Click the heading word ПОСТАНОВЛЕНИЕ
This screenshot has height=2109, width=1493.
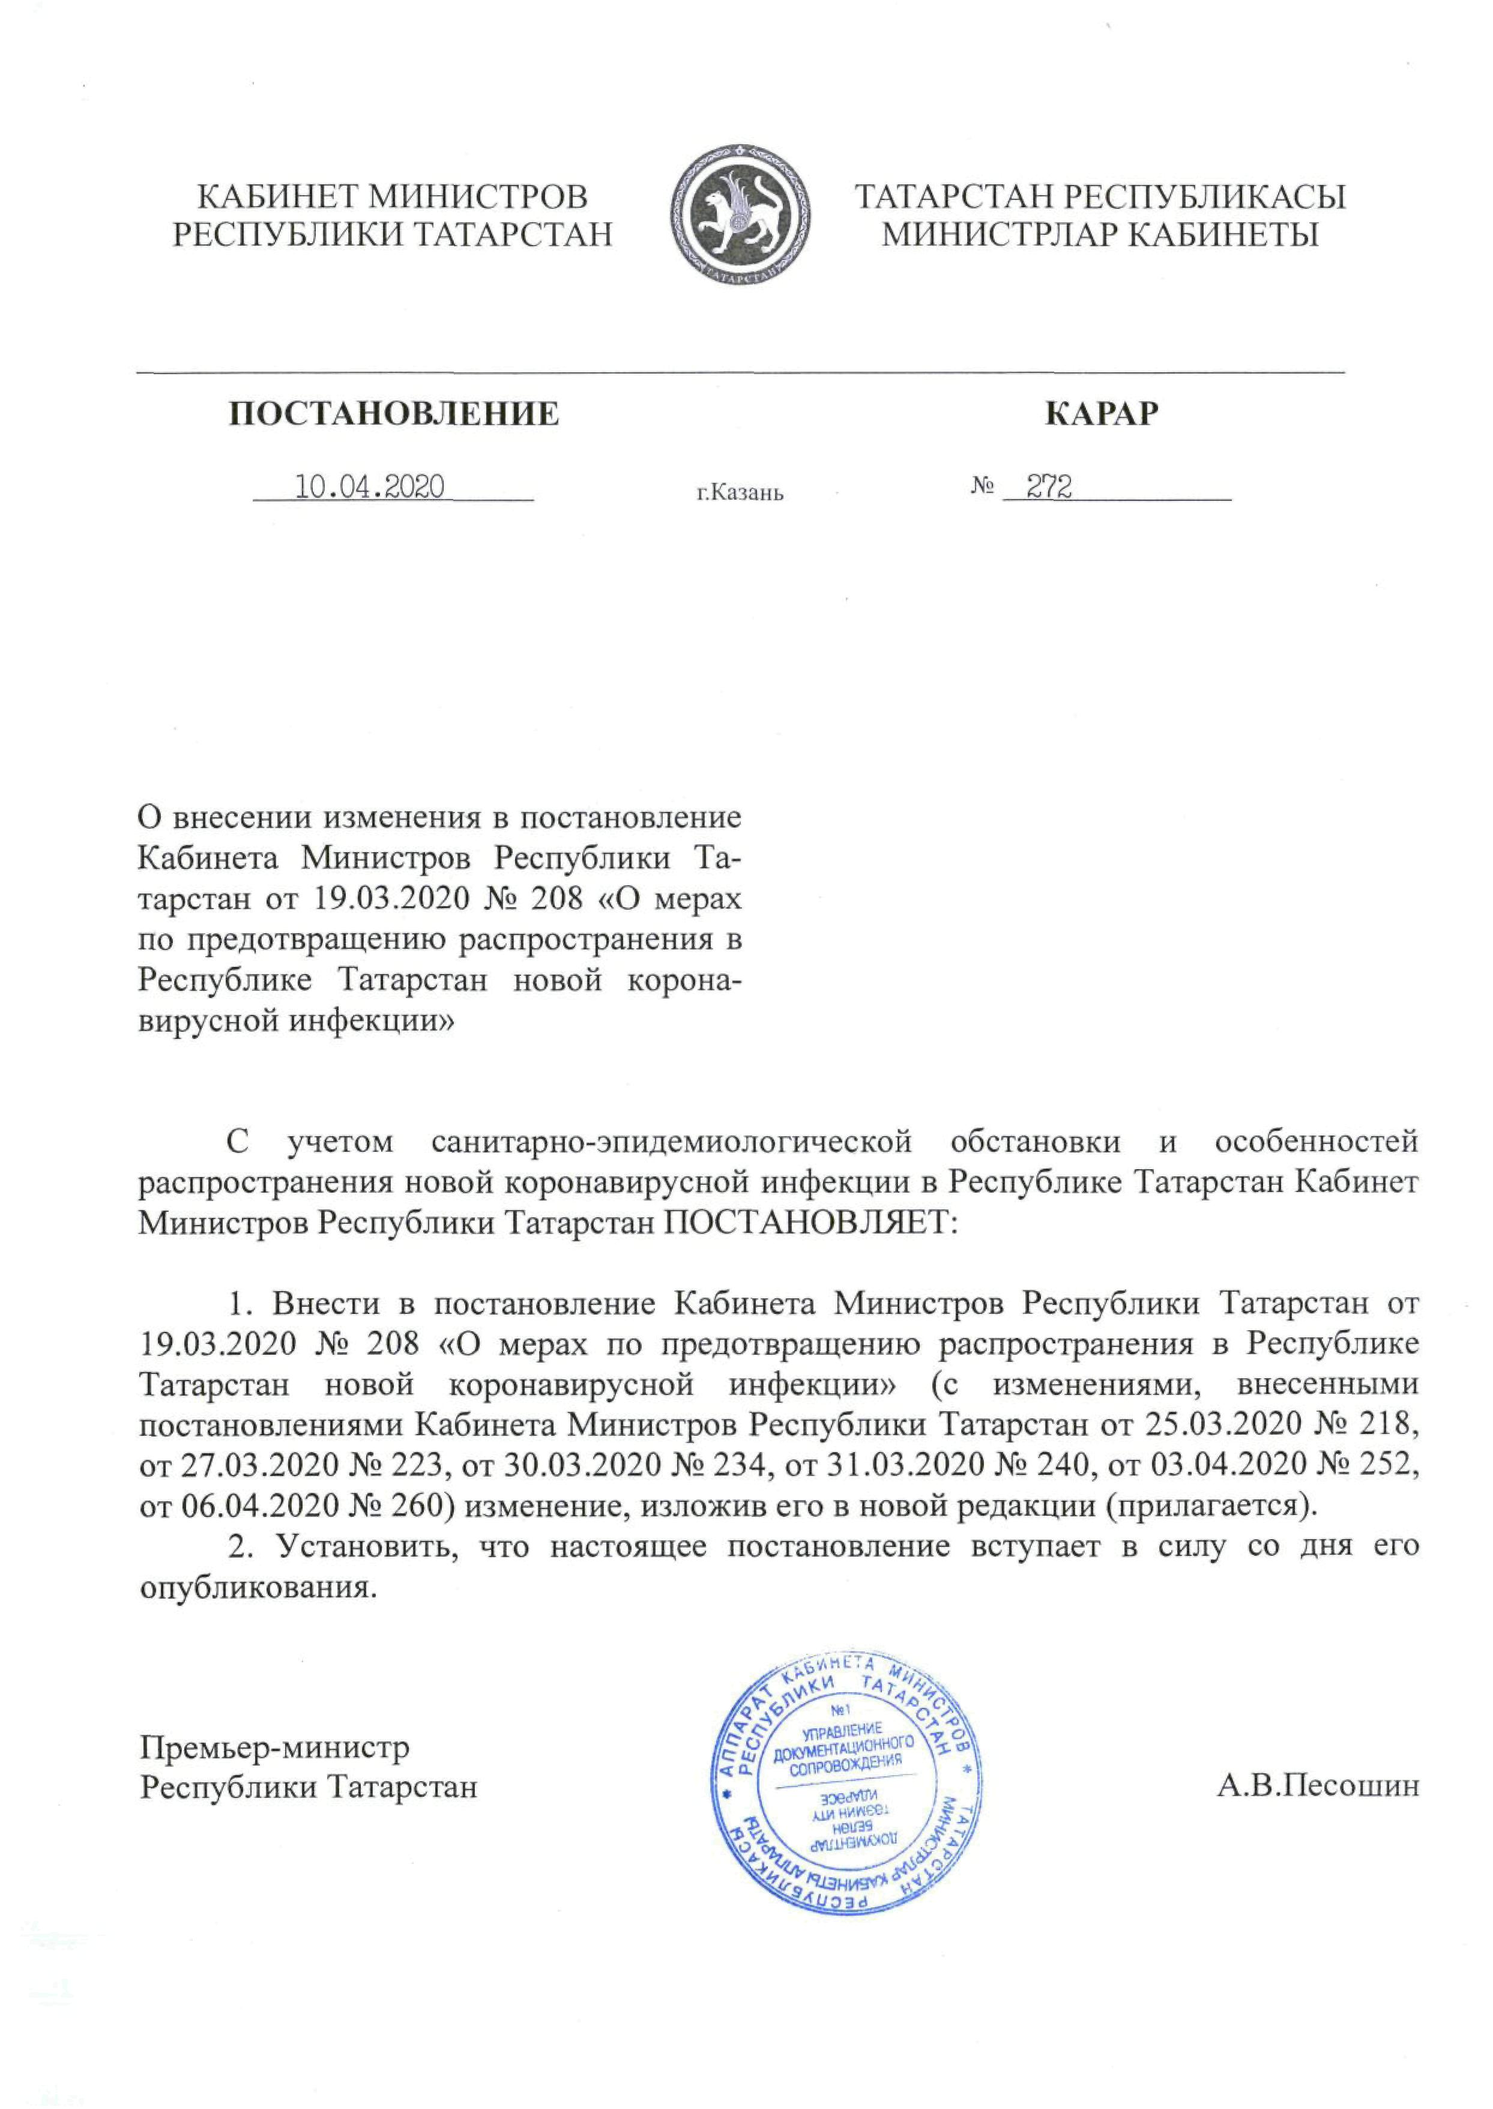[393, 414]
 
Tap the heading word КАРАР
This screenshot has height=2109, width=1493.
[1102, 414]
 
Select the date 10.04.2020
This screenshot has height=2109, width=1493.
[369, 486]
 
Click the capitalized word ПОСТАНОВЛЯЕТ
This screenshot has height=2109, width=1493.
[810, 1223]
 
